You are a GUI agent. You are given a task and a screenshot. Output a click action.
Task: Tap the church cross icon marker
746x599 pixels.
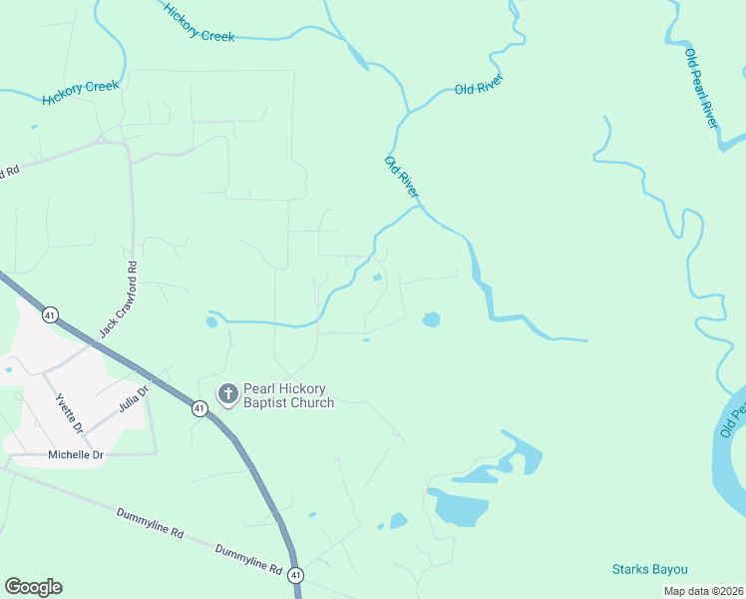[228, 394]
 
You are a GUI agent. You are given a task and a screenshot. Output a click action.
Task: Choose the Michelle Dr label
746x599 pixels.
[76, 455]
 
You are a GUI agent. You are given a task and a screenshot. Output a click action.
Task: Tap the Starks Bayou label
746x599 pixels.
[649, 569]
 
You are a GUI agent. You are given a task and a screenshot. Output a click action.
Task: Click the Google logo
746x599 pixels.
[33, 587]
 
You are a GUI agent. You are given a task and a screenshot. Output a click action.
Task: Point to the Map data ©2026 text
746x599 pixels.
[702, 590]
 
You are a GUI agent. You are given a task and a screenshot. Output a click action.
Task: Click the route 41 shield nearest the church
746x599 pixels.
[200, 407]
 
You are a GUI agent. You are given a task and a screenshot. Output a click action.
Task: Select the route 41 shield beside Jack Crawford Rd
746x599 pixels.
[50, 315]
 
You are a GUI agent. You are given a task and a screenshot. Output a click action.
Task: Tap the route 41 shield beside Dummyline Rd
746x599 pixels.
[296, 575]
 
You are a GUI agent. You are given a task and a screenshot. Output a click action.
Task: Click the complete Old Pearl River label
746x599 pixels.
[701, 86]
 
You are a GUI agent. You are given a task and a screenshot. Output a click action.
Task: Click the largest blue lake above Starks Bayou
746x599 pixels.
[462, 507]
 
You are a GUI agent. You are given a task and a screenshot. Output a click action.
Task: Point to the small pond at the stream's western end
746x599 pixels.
[211, 321]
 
